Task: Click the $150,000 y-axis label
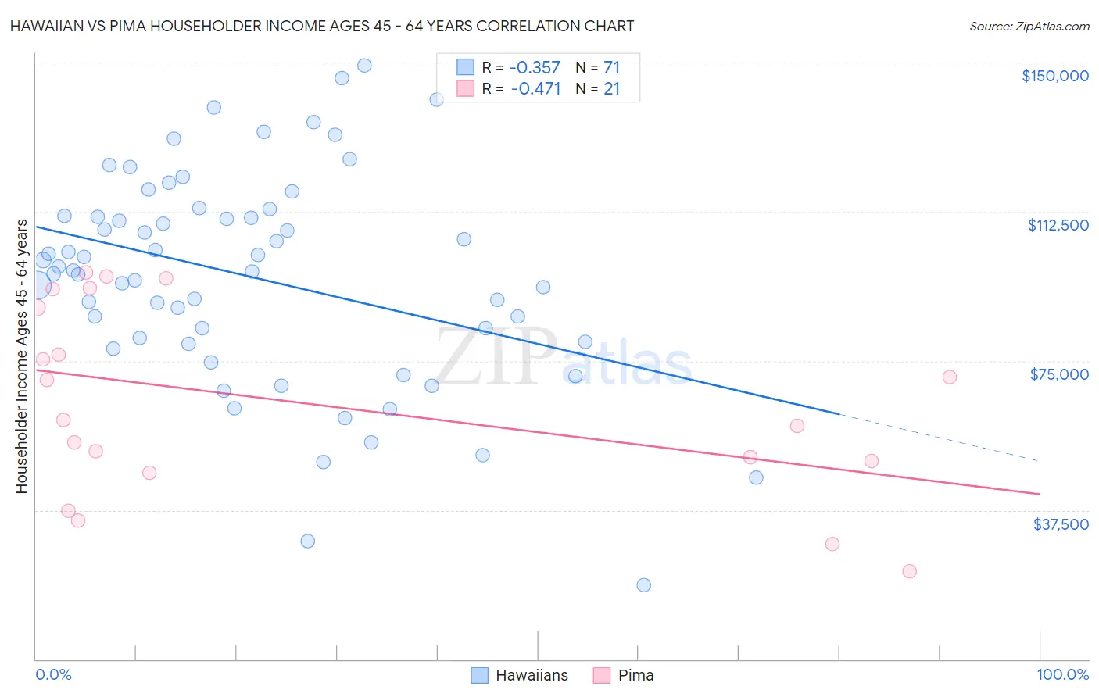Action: (1054, 76)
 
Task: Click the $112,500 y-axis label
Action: (1058, 225)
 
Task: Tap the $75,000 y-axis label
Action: (1059, 374)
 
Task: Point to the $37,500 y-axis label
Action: (1061, 524)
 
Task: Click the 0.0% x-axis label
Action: (53, 674)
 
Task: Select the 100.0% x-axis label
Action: (1062, 674)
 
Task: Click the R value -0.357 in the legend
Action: (535, 67)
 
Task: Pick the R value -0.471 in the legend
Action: (535, 88)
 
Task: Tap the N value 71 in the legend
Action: (611, 67)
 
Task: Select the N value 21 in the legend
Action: (611, 88)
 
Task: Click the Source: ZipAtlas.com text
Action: (1029, 26)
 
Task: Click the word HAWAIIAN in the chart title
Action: (48, 26)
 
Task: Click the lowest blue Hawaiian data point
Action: (643, 585)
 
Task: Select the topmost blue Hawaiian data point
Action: (364, 66)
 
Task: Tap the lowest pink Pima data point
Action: (909, 571)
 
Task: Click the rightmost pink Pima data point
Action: (949, 377)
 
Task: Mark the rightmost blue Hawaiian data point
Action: (756, 477)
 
